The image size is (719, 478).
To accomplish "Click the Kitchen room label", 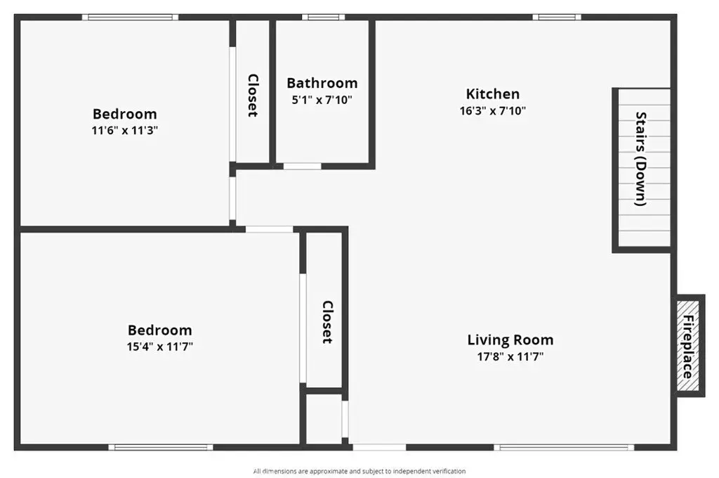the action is pos(492,93).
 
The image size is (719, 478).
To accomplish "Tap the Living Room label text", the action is pos(510,340).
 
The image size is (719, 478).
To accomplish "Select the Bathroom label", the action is pos(322,83).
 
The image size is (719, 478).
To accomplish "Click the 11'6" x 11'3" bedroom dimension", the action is pos(125,131).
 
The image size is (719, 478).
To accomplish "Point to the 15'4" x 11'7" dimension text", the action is pos(159,347).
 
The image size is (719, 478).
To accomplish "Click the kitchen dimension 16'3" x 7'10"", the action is pos(492,110).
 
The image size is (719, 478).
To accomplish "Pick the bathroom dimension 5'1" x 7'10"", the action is pos(322,100).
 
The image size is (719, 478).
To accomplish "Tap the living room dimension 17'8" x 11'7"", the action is pos(510,357).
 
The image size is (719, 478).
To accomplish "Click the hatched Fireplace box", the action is pos(688,346).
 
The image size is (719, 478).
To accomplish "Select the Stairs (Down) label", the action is pos(641,159).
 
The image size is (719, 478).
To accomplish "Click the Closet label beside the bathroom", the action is pos(253,96).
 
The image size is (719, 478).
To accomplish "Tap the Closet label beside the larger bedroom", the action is pos(327,323).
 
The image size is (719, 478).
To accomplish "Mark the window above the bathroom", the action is pos(323,18).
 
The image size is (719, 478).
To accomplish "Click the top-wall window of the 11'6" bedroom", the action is pos(130,18).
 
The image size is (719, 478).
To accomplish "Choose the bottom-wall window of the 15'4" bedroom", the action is pos(161,447).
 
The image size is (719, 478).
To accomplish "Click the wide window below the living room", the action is pos(564,447).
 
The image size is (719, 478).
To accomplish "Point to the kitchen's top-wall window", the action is pos(557,18).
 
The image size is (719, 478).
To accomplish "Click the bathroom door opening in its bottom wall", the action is pos(302,166).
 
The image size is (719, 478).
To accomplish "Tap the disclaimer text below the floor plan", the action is pos(359,471).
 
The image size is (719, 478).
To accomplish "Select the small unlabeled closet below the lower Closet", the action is pos(324,418).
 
